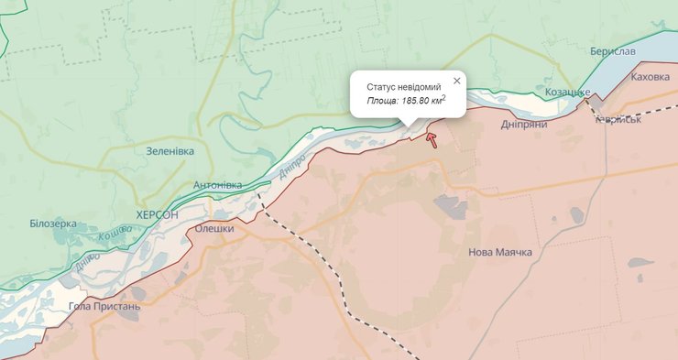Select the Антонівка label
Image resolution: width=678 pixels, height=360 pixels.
(217, 185)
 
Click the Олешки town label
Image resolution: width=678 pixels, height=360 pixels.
(214, 229)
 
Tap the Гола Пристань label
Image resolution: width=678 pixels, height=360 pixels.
(104, 306)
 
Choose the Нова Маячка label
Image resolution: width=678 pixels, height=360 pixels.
(499, 252)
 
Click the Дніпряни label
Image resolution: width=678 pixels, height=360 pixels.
(524, 124)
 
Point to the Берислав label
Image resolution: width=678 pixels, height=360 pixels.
(613, 51)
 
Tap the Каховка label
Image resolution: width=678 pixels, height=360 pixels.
(651, 78)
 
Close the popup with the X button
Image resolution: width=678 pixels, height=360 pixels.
(456, 81)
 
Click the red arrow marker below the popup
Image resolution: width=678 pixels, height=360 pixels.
(432, 139)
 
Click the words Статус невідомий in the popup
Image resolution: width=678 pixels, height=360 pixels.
(403, 86)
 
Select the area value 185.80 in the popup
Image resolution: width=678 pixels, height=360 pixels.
(420, 101)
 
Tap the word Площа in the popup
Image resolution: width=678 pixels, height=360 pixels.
(382, 101)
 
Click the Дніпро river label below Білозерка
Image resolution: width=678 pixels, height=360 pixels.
(87, 262)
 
